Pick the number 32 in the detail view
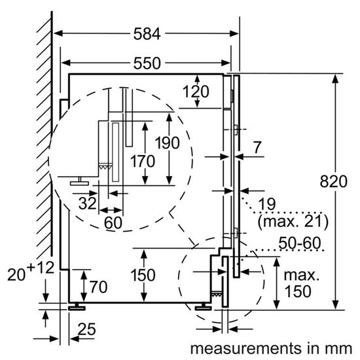[x=86, y=204]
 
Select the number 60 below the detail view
[x=113, y=223]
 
